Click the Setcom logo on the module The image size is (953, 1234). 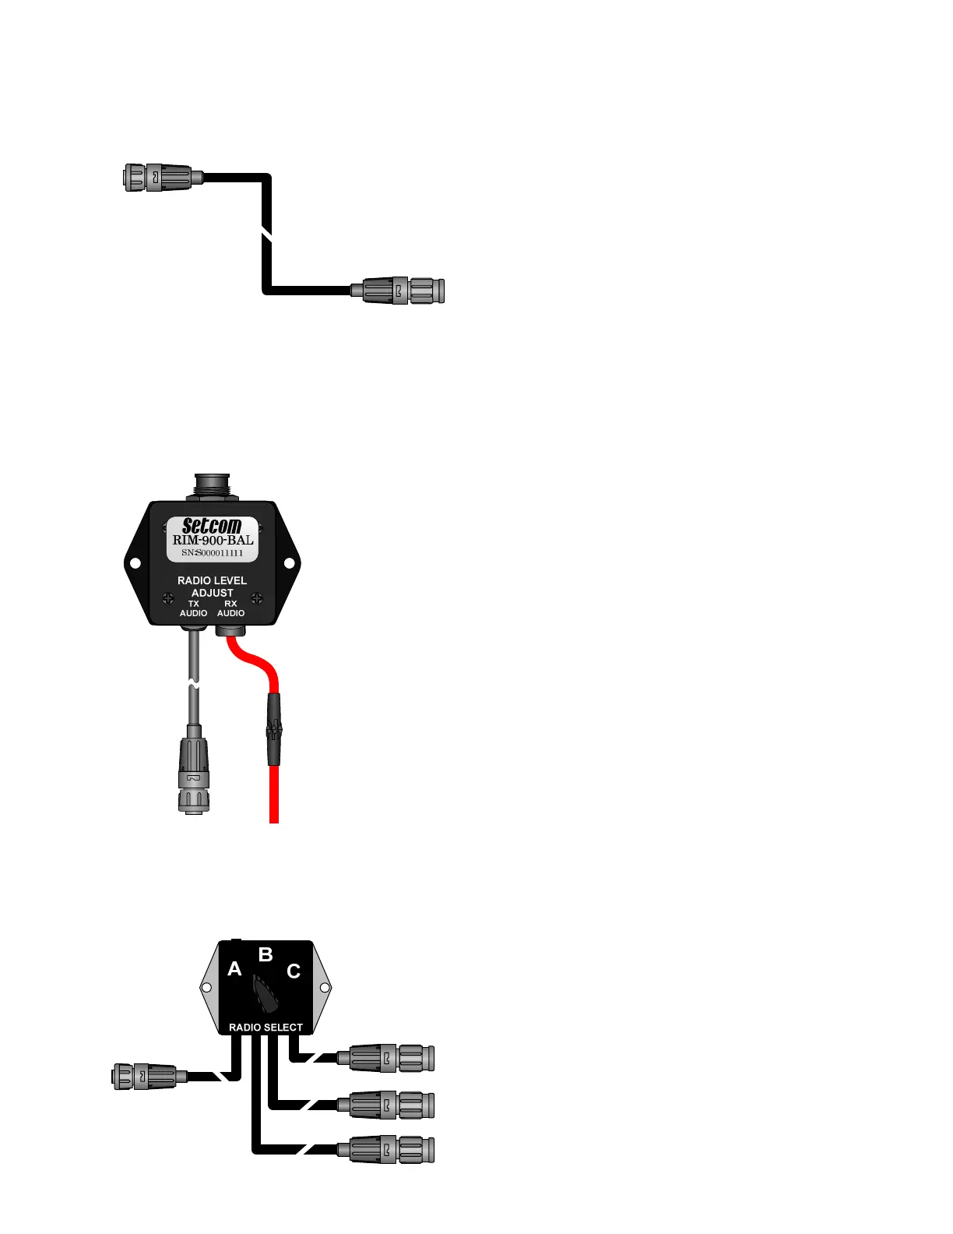[212, 526]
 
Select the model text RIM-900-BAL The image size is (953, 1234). [213, 540]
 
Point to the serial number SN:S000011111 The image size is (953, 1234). [213, 553]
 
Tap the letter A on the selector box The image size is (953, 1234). [234, 969]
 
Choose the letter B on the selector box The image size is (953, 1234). [266, 954]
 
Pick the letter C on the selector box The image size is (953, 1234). [294, 971]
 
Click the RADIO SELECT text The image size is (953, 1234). [266, 1028]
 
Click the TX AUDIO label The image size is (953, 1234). [194, 608]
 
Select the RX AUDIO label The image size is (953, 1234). [230, 608]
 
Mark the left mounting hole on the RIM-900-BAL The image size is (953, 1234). [135, 562]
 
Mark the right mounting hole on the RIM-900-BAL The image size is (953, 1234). [289, 562]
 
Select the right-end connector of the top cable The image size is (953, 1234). [400, 291]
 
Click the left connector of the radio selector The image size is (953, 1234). [146, 1076]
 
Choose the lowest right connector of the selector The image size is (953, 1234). [387, 1149]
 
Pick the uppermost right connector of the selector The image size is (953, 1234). [387, 1058]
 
